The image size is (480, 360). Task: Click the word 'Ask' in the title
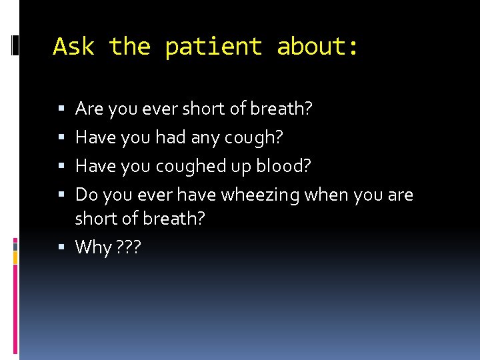click(x=74, y=47)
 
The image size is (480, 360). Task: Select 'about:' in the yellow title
click(x=318, y=47)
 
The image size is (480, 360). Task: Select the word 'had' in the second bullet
click(x=169, y=138)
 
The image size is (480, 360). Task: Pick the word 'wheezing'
click(x=260, y=195)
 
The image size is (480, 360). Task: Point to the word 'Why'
click(x=93, y=247)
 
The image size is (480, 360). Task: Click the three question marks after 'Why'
click(x=129, y=247)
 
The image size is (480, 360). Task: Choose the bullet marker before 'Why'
click(x=61, y=247)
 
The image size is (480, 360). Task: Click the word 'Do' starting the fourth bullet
click(x=85, y=195)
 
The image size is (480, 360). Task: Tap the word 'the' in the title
click(x=130, y=47)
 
